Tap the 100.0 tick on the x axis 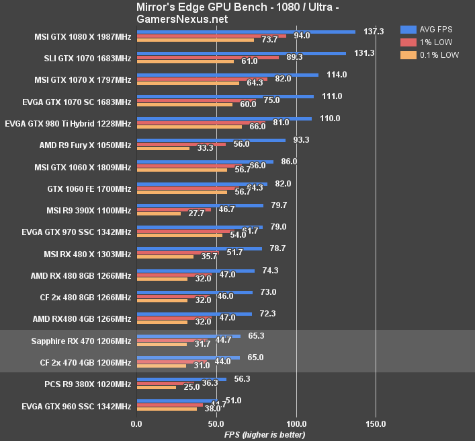[296, 424]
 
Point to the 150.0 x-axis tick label [376, 424]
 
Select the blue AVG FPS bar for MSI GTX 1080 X [246, 31]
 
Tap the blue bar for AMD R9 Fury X [211, 140]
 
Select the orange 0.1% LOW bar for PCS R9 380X [157, 387]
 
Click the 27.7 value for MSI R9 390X [196, 213]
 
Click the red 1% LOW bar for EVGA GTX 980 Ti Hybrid [201, 123]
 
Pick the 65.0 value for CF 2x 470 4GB [255, 358]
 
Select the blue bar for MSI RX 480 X [199, 248]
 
